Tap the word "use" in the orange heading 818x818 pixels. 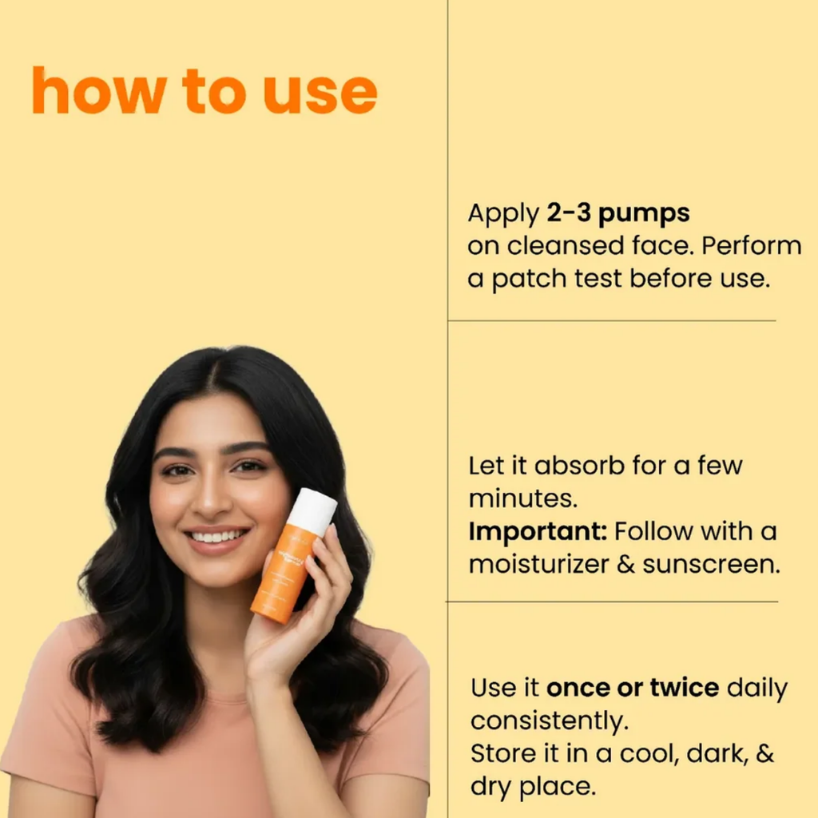click(320, 94)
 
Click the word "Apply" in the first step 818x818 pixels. click(503, 214)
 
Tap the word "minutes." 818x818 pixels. click(523, 498)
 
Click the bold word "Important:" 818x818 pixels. click(538, 532)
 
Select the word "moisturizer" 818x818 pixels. click(539, 564)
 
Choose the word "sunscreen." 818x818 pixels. click(711, 564)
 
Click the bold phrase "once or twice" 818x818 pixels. click(633, 688)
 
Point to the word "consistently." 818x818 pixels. click(550, 721)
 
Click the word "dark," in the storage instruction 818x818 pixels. click(717, 754)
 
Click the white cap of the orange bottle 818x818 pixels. click(312, 510)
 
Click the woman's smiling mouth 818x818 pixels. click(216, 538)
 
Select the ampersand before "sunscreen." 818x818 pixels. click(625, 565)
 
